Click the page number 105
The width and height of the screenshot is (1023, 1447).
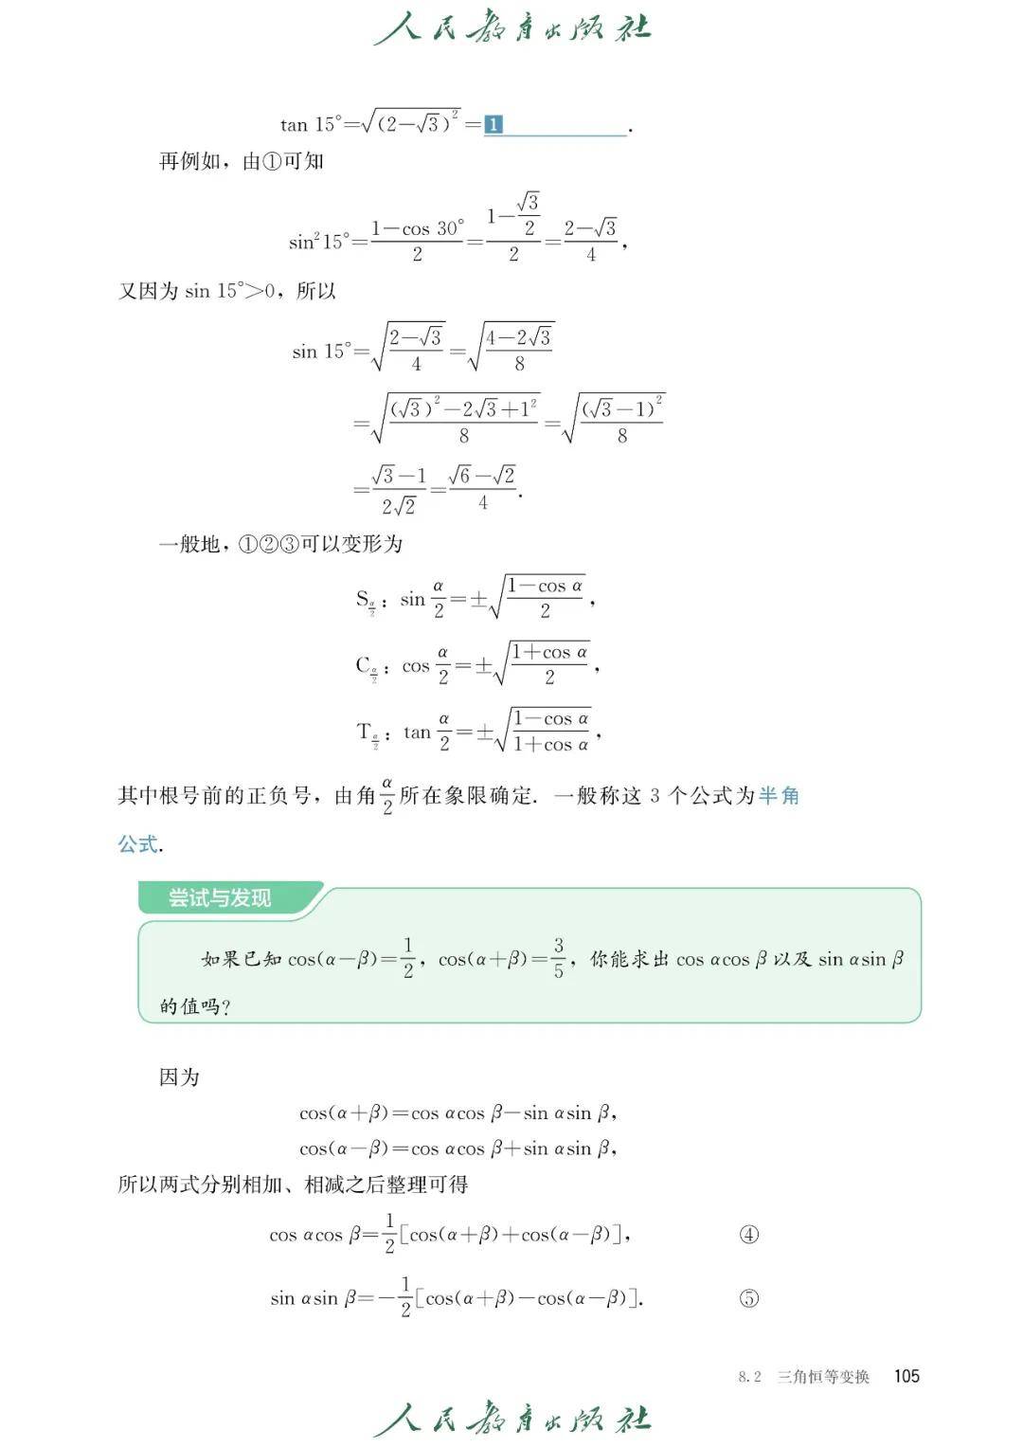(906, 1376)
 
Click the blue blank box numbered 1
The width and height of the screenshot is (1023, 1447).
(494, 124)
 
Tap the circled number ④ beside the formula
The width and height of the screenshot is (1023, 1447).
(748, 1234)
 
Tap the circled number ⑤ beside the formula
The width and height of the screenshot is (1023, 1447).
(748, 1298)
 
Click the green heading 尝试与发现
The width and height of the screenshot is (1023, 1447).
(220, 897)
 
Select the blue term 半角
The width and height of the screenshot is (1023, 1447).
(779, 795)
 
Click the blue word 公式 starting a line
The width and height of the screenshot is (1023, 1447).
(137, 843)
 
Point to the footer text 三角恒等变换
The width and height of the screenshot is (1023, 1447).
(822, 1377)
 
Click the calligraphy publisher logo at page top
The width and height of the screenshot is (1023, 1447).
(511, 28)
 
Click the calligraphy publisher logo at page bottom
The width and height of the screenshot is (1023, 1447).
(511, 1419)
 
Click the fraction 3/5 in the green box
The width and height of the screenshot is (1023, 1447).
(559, 958)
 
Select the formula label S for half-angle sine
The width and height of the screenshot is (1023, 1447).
(364, 599)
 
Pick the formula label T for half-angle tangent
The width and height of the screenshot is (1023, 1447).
(365, 732)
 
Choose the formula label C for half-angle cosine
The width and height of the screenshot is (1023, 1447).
(364, 665)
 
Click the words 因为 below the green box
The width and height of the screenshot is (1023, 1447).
(179, 1076)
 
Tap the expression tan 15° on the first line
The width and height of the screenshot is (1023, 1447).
(310, 124)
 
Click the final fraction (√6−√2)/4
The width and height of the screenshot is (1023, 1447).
(483, 488)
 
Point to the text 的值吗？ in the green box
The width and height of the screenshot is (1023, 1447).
(195, 1006)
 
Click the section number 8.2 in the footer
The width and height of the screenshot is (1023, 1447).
(749, 1377)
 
